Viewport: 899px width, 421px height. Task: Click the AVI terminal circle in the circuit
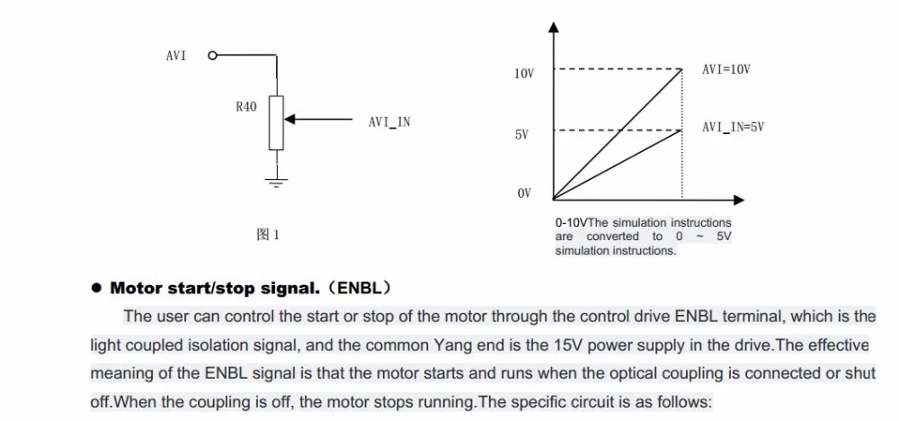click(213, 56)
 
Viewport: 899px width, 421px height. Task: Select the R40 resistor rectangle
click(276, 123)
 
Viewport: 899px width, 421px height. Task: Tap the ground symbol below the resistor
click(276, 183)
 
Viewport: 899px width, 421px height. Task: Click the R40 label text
click(246, 107)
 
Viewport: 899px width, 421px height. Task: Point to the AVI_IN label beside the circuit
click(389, 122)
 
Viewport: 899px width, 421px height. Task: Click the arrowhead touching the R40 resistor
click(289, 120)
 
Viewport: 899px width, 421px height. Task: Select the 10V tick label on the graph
click(525, 74)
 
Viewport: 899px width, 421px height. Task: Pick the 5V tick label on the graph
click(521, 135)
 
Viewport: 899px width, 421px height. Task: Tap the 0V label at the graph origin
click(524, 193)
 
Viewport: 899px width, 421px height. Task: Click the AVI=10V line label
click(726, 69)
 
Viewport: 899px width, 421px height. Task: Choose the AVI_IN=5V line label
click(734, 128)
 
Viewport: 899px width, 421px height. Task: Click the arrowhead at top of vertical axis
click(553, 27)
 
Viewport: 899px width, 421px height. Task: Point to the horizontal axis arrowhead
click(738, 200)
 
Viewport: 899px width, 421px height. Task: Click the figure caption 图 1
click(267, 235)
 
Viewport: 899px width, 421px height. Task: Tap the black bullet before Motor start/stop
click(96, 288)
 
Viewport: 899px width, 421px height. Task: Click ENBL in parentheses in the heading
click(359, 288)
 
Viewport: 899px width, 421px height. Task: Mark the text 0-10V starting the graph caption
click(571, 222)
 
